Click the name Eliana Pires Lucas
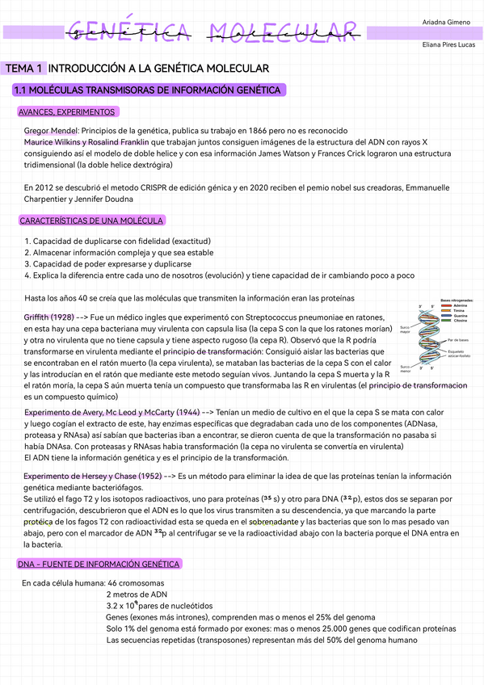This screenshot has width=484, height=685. click(448, 44)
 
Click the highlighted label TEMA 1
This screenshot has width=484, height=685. click(23, 69)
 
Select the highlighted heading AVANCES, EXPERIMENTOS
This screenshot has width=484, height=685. click(66, 111)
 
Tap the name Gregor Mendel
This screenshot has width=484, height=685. click(51, 130)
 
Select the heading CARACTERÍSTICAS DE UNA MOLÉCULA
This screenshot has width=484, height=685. click(91, 221)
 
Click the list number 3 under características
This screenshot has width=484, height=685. click(27, 263)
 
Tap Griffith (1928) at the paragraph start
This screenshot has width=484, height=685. click(49, 317)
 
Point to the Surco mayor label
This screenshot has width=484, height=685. click(405, 329)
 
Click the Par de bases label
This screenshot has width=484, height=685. click(458, 340)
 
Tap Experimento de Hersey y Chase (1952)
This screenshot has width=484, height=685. click(92, 477)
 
